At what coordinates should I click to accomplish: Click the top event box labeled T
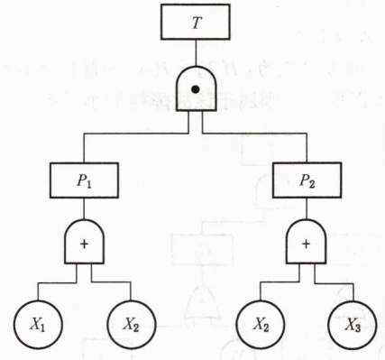(196, 22)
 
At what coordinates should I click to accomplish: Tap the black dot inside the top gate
(196, 89)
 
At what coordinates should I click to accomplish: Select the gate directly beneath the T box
(196, 89)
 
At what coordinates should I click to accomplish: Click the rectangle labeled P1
(84, 180)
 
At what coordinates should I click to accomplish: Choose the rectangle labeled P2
(307, 180)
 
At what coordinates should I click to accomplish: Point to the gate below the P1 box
(85, 242)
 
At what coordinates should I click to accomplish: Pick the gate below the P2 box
(307, 242)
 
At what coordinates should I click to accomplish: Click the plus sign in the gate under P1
(85, 245)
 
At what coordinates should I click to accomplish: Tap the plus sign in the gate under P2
(306, 245)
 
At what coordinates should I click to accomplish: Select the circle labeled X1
(38, 325)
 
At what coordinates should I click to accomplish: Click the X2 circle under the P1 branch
(132, 325)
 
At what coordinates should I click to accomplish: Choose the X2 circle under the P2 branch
(261, 325)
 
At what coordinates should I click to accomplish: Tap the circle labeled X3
(353, 325)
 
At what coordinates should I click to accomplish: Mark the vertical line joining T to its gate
(196, 53)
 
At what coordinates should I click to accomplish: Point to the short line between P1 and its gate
(84, 208)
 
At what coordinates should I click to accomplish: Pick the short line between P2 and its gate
(307, 208)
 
